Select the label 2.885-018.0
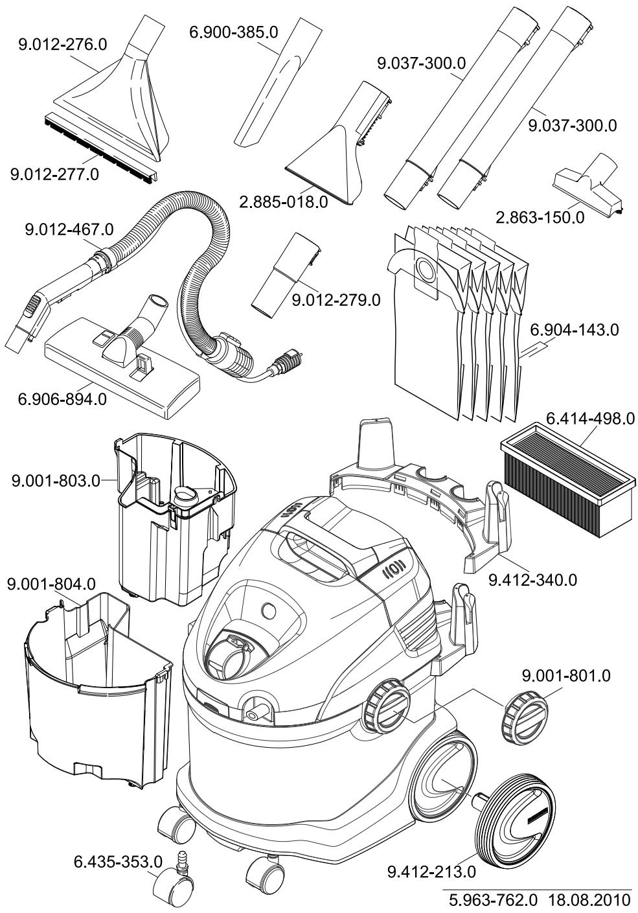click(x=284, y=201)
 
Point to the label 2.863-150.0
click(x=540, y=217)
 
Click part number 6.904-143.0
click(x=575, y=330)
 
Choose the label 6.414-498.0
click(x=590, y=419)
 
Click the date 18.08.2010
click(x=589, y=901)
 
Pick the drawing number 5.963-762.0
click(x=494, y=901)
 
